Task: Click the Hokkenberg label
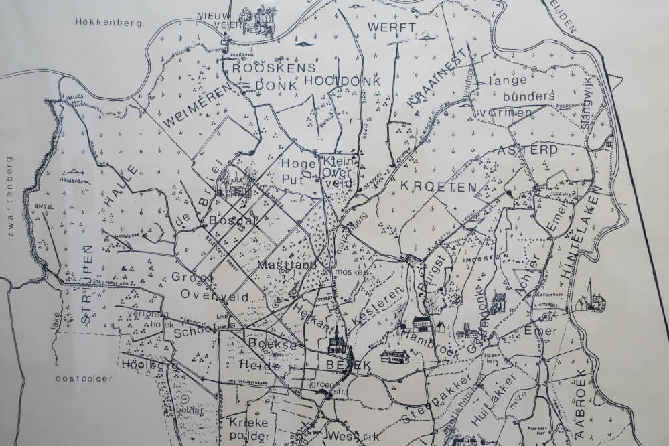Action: click(108, 23)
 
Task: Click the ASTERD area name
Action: click(528, 150)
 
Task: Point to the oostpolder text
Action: click(82, 378)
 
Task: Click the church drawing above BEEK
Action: click(335, 345)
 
